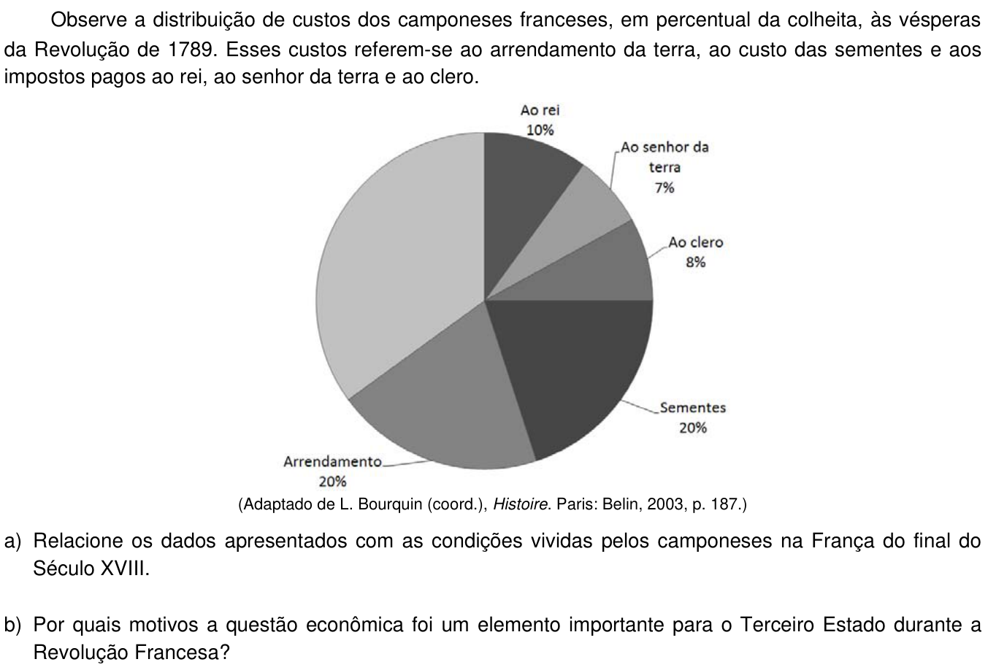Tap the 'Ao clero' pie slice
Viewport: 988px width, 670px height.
pyautogui.click(x=605, y=269)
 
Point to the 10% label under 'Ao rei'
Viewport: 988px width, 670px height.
pyautogui.click(x=540, y=130)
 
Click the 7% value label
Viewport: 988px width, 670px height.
pyautogui.click(x=665, y=188)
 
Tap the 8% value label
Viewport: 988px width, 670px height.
pyautogui.click(x=696, y=262)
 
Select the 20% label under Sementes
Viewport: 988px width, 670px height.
pyautogui.click(x=693, y=428)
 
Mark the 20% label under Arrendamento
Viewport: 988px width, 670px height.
pyautogui.click(x=332, y=482)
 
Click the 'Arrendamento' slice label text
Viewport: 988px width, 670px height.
pyautogui.click(x=332, y=461)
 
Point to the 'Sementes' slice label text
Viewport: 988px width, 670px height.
pyautogui.click(x=693, y=408)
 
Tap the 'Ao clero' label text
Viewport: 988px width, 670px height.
pyautogui.click(x=696, y=242)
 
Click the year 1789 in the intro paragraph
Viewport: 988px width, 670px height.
pyautogui.click(x=192, y=50)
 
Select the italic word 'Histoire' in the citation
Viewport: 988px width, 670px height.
pyautogui.click(x=521, y=504)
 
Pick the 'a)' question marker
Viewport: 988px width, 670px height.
pyautogui.click(x=13, y=542)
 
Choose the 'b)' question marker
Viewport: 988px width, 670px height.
pyautogui.click(x=13, y=625)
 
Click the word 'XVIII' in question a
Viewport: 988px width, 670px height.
pyautogui.click(x=126, y=569)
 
